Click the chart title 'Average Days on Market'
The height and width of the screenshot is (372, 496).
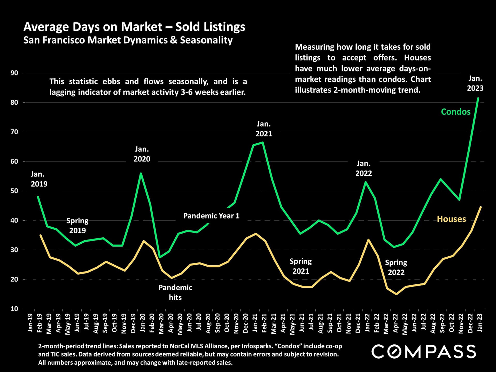pyautogui.click(x=134, y=27)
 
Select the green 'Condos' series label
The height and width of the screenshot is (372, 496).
pyautogui.click(x=456, y=112)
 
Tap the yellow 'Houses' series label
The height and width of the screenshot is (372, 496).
pyautogui.click(x=451, y=219)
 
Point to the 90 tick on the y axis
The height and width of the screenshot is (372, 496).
pyautogui.click(x=14, y=73)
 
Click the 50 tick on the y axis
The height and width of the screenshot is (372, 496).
pyautogui.click(x=14, y=191)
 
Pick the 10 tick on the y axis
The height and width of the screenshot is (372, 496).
pyautogui.click(x=14, y=309)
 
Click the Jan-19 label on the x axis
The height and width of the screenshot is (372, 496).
pyautogui.click(x=30, y=323)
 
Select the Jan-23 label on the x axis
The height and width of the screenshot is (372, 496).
pyautogui.click(x=479, y=323)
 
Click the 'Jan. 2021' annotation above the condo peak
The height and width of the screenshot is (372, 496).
pyautogui.click(x=264, y=129)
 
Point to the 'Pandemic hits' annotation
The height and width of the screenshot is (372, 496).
pyautogui.click(x=175, y=292)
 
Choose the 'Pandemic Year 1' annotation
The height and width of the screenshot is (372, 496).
pyautogui.click(x=211, y=216)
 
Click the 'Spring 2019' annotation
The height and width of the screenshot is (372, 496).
pyautogui.click(x=78, y=226)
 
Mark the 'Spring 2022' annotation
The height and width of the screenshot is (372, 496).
pyautogui.click(x=396, y=267)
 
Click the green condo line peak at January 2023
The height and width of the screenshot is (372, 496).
pyautogui.click(x=478, y=98)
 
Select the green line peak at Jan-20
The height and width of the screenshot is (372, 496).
pyautogui.click(x=141, y=173)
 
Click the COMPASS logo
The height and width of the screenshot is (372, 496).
pyautogui.click(x=424, y=352)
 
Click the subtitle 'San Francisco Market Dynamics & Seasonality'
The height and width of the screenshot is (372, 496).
pyautogui.click(x=128, y=40)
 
